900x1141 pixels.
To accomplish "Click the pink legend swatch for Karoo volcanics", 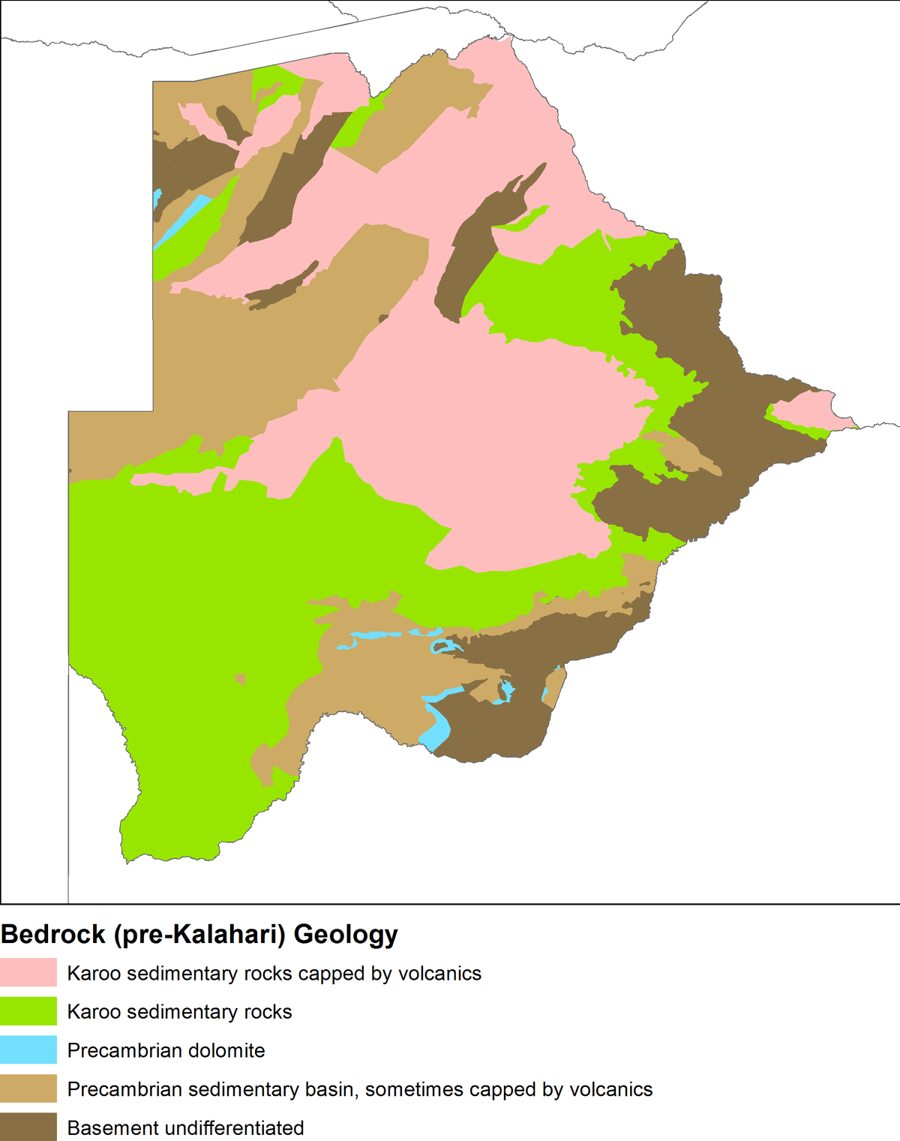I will click(28, 972).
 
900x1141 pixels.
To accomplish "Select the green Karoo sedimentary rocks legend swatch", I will click(28, 1011).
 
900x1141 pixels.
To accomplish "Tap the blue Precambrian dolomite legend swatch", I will click(28, 1050).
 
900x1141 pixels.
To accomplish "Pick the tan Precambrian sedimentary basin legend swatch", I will click(28, 1088).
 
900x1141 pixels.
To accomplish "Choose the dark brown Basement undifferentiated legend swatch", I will click(28, 1127).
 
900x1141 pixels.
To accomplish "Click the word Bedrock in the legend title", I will click(53, 935).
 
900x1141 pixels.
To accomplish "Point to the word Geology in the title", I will click(346, 935).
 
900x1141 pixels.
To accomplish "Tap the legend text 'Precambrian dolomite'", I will click(166, 1050).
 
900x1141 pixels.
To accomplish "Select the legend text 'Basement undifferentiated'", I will click(185, 1127).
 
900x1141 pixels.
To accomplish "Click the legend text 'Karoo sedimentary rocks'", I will click(179, 1012).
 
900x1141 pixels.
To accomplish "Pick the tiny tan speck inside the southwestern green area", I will click(241, 679).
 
